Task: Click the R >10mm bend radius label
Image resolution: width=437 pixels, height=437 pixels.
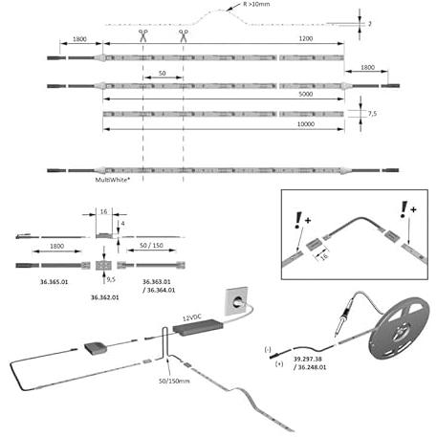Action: (256, 4)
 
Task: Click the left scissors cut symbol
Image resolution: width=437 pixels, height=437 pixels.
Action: (143, 35)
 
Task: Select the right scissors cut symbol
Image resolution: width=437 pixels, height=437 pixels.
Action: (184, 35)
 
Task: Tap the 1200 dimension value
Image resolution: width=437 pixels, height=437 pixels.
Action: (306, 38)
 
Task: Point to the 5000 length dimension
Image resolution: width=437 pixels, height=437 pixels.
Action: (306, 94)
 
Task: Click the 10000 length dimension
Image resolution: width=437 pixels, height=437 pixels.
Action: (306, 124)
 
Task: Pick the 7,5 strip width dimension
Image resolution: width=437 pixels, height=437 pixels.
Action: (372, 114)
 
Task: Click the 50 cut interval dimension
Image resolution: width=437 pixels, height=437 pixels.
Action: (163, 74)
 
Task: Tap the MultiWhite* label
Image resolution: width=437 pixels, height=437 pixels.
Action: (113, 180)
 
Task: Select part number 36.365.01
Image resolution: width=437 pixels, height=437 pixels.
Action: (54, 282)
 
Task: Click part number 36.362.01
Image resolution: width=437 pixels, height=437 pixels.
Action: (105, 297)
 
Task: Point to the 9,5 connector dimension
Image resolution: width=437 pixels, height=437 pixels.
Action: (111, 279)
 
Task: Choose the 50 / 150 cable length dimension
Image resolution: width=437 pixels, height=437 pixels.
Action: (151, 245)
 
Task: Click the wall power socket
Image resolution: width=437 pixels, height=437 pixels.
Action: (237, 301)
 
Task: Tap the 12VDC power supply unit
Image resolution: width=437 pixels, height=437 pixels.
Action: (198, 327)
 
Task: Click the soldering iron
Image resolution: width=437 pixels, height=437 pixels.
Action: (345, 316)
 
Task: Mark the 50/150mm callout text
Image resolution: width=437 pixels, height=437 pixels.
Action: (174, 381)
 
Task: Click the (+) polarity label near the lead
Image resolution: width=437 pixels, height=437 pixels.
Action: (279, 363)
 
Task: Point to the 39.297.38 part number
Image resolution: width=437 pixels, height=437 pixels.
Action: (308, 359)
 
